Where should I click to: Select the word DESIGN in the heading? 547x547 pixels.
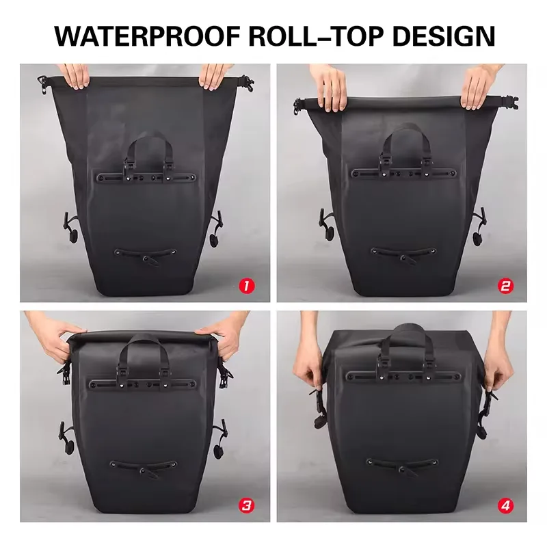(x=443, y=36)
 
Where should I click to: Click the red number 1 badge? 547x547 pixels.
(x=247, y=286)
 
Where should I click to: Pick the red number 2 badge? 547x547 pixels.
(x=505, y=286)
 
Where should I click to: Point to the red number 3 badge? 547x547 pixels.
(x=247, y=505)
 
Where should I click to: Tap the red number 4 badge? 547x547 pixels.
(x=505, y=505)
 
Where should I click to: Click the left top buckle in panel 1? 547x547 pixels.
(x=42, y=85)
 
